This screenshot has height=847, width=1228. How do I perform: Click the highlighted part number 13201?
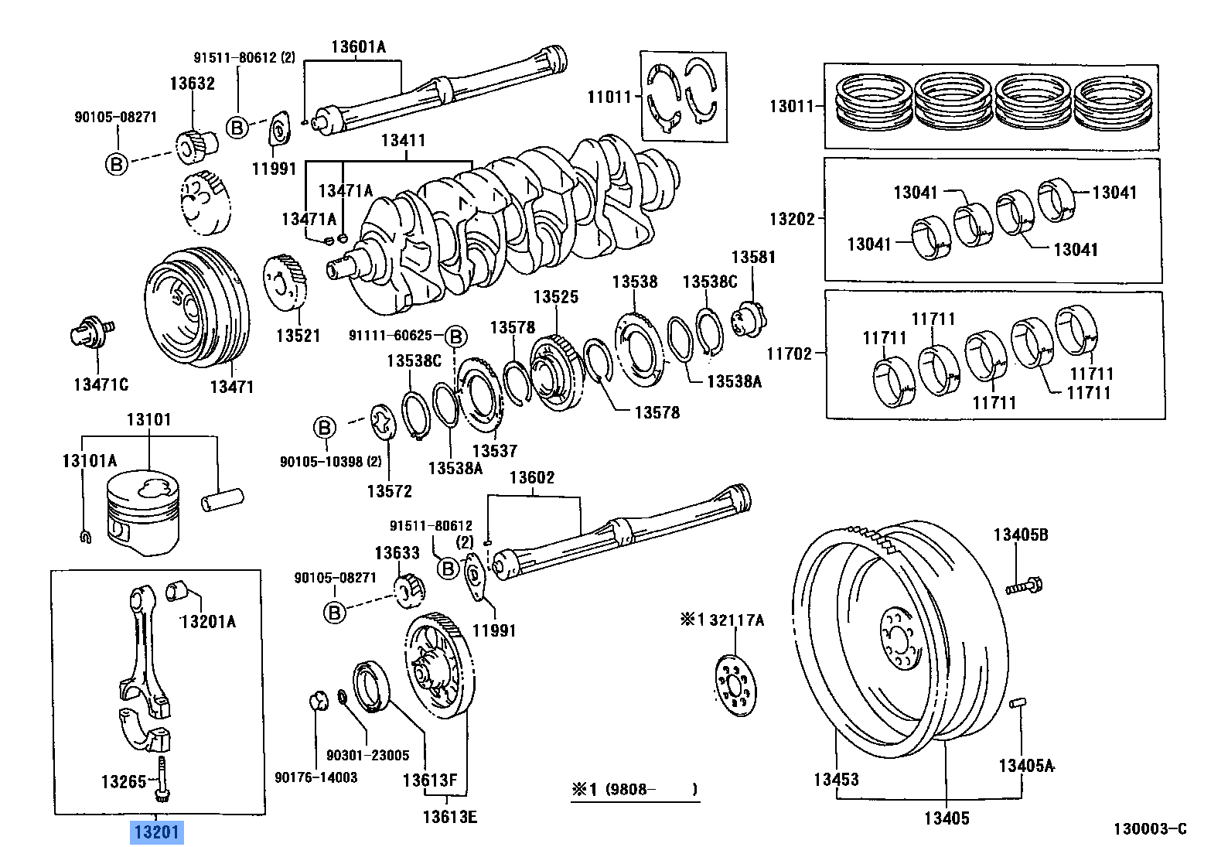coord(157,832)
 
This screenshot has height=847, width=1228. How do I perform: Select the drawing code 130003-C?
coord(1149,829)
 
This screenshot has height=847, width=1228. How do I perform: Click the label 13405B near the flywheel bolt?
coord(1021,534)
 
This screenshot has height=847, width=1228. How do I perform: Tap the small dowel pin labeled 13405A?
coord(1018,703)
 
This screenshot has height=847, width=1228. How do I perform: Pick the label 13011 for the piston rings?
coord(791,106)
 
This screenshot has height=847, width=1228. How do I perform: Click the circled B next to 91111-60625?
coord(456,336)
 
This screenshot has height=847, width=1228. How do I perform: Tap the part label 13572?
coord(389,491)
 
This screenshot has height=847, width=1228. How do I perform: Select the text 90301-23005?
coord(367,755)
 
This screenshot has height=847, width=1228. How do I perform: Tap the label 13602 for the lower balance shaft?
coord(531,478)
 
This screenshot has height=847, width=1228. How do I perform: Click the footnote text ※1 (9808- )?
coord(634,790)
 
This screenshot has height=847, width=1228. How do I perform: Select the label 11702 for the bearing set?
coord(789,353)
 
